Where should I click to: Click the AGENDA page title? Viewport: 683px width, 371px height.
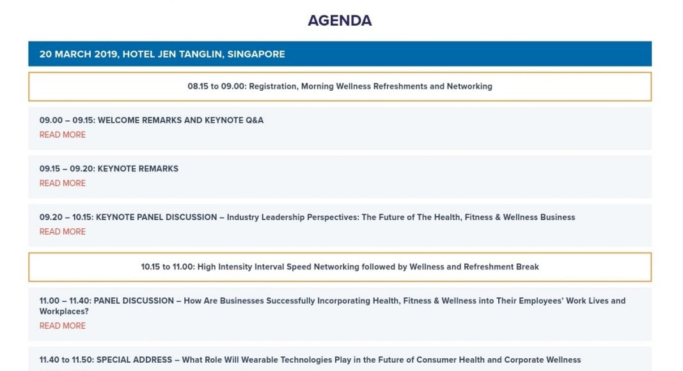340,20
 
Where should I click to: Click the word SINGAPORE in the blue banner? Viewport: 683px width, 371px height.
256,54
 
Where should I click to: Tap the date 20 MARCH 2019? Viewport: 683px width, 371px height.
79,54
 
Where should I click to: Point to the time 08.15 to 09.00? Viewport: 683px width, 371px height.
217,86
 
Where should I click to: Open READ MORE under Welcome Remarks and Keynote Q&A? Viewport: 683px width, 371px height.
62,135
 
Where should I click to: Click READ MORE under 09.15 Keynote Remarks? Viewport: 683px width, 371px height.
62,184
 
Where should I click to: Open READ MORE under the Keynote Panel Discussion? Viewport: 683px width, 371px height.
62,232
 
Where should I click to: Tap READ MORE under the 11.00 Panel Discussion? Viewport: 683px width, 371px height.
62,326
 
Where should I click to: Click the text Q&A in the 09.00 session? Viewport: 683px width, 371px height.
255,120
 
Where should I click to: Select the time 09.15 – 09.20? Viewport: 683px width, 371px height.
67,168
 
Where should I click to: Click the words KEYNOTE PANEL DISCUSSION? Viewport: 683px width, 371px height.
157,217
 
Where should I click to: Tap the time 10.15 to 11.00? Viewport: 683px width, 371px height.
168,267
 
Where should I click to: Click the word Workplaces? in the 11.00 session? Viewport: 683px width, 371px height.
64,312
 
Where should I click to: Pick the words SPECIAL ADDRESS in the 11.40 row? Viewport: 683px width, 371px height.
134,359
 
